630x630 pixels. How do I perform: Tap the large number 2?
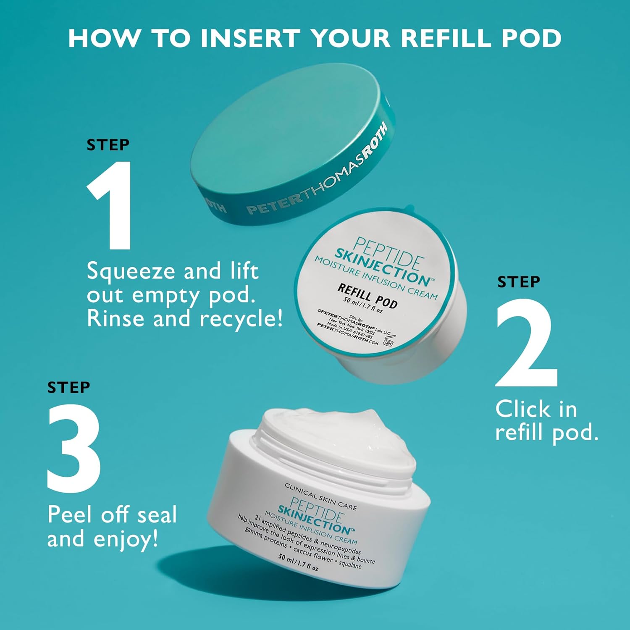pos(527,343)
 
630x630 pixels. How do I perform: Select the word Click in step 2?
pos(522,409)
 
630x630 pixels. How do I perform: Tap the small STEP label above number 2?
pos(519,282)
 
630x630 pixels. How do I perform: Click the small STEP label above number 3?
pos(68,387)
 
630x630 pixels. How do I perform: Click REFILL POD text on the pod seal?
pos(368,295)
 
